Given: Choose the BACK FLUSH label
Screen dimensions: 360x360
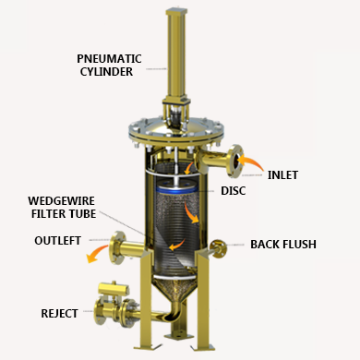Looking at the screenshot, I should point(283,245).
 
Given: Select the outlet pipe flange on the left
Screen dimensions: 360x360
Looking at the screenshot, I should point(115,246).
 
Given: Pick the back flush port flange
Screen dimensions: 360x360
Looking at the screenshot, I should point(218,247).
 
